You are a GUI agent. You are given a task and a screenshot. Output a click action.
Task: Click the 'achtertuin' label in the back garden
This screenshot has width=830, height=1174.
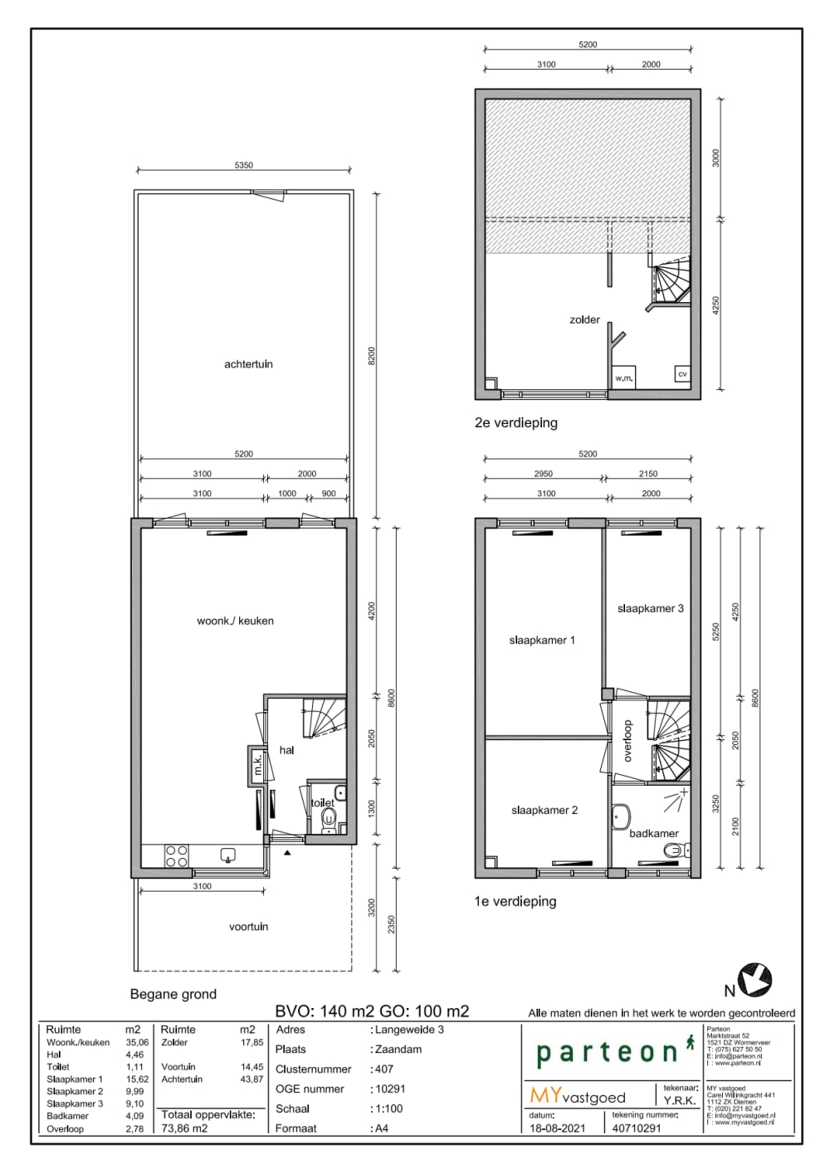[x=248, y=364]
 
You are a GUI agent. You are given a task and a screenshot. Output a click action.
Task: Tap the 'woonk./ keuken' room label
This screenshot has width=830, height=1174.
[x=235, y=621]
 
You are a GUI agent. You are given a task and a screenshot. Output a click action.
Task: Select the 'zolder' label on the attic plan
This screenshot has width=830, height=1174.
[x=584, y=319]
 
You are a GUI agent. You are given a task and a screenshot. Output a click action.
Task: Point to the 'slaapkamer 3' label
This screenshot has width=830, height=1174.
[x=650, y=608]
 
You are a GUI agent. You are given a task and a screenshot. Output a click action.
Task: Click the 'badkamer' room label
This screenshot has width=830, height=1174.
[x=653, y=833]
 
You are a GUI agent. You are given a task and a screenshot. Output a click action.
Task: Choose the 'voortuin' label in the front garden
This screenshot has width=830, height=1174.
[x=248, y=927]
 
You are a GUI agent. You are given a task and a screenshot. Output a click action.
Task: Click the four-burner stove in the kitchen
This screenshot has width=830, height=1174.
[x=176, y=856]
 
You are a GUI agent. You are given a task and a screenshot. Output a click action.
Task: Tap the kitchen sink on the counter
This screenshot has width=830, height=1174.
[x=227, y=855]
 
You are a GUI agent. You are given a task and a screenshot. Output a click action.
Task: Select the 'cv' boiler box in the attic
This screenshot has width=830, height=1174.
[x=682, y=374]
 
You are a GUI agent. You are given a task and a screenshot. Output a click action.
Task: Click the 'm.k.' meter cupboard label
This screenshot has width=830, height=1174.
[x=257, y=765]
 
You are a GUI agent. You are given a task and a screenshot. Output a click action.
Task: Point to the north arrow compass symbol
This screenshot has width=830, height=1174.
[x=754, y=980]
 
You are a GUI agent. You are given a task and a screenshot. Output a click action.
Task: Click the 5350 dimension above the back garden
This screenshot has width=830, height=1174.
[x=243, y=165]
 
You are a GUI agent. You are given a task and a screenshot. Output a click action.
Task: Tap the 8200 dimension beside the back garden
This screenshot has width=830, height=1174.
[x=372, y=356]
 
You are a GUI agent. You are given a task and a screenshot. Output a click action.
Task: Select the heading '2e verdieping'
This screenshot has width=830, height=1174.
[x=515, y=423]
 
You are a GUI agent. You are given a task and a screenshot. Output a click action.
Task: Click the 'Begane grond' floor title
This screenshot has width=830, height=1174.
[x=173, y=994]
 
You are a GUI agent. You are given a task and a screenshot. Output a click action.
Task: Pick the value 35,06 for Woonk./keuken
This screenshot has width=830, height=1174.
[x=137, y=1043]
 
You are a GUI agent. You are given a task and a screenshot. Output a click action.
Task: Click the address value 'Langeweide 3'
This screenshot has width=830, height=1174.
[x=409, y=1030]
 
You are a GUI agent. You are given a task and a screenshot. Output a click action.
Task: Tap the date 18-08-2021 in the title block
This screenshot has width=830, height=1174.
[x=557, y=1128]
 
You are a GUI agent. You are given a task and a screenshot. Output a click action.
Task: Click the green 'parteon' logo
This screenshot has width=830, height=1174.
[x=608, y=1052]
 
